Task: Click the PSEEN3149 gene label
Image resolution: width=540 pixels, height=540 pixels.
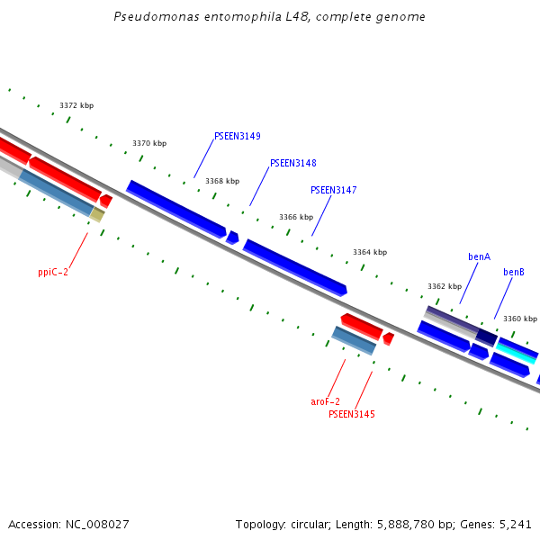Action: click(x=237, y=137)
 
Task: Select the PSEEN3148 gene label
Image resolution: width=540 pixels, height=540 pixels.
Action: click(x=292, y=164)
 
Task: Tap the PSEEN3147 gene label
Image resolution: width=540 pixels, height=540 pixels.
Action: click(x=333, y=191)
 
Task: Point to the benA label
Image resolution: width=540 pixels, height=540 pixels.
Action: click(x=479, y=257)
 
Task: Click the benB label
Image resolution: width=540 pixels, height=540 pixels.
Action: click(x=513, y=272)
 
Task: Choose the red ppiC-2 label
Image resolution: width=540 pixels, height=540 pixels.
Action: click(x=53, y=272)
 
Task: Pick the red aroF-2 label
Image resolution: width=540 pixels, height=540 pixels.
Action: click(x=325, y=401)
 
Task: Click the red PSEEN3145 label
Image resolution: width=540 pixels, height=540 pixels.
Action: click(x=351, y=415)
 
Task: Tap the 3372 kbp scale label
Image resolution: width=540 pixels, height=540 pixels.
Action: click(x=76, y=106)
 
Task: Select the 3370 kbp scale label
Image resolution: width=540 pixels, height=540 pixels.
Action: click(x=149, y=144)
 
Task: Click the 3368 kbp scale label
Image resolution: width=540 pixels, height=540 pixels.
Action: click(x=222, y=181)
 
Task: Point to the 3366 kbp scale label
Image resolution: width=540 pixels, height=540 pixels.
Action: click(x=296, y=217)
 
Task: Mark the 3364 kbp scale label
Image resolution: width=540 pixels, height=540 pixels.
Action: click(x=369, y=253)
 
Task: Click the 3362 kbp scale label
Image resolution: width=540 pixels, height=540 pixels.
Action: click(x=444, y=287)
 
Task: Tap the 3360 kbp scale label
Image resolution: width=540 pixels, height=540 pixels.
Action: click(x=519, y=319)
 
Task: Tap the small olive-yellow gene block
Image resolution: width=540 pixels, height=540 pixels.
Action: click(x=97, y=215)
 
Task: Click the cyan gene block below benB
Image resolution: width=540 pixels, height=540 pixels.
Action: click(x=517, y=350)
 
